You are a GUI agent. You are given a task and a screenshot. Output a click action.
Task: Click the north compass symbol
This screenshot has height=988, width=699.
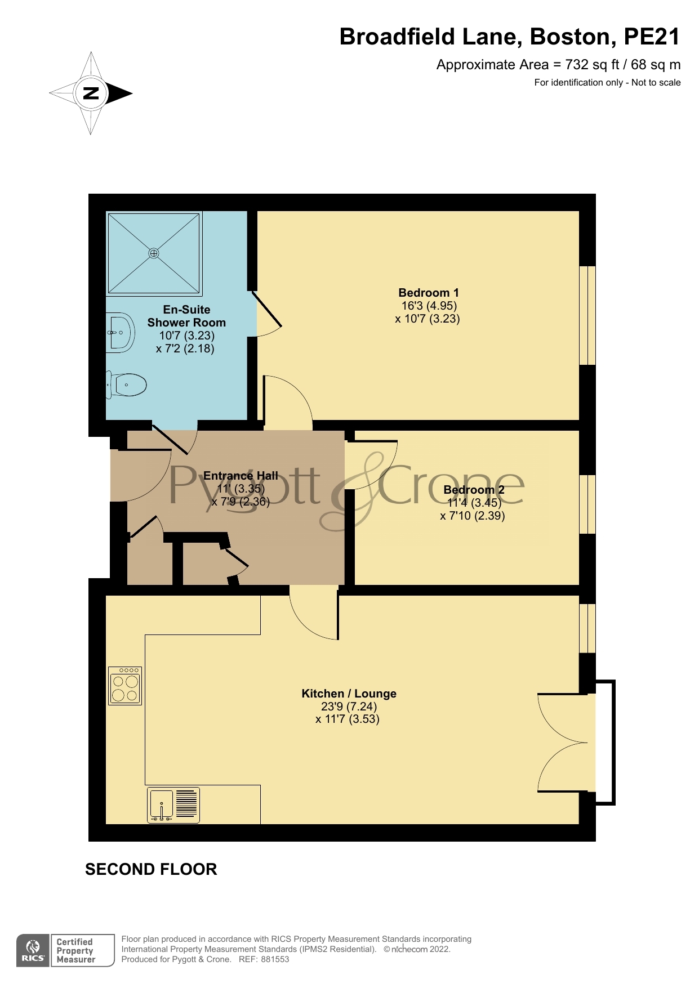[x=91, y=93]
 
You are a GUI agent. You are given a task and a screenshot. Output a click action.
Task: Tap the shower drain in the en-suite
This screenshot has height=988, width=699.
[x=154, y=253]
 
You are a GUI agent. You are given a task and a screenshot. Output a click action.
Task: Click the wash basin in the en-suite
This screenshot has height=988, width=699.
[x=120, y=332]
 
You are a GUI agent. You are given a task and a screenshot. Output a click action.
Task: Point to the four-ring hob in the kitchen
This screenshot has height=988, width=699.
[x=125, y=686]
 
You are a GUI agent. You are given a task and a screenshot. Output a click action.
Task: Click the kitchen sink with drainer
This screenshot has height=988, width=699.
[x=173, y=804]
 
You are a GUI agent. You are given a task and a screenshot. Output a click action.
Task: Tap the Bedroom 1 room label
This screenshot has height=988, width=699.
[x=428, y=293]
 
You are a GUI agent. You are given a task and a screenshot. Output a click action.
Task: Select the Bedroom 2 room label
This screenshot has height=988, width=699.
[x=474, y=490]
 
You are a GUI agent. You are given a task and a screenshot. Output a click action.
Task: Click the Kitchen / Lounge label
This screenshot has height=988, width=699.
[x=349, y=694]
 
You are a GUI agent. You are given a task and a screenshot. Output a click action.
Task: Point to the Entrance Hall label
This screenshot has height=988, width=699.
[x=241, y=476]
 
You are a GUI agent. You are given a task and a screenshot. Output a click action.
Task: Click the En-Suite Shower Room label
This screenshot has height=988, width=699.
[x=186, y=316]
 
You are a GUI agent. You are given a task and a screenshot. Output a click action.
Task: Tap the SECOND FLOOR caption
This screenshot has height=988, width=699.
[x=151, y=869]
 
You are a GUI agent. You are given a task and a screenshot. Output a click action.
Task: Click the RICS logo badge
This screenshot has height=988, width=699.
[x=33, y=951]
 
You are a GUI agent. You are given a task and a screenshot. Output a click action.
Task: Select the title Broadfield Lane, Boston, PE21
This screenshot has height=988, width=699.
[x=510, y=37]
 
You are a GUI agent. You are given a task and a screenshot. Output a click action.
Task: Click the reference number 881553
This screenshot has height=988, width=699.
[x=275, y=959]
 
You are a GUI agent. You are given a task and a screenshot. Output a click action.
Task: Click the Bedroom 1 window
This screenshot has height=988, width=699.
[x=587, y=315]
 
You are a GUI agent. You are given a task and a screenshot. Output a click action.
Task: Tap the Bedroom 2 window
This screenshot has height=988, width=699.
[x=587, y=504]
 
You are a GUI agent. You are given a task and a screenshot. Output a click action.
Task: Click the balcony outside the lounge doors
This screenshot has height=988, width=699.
[x=605, y=743]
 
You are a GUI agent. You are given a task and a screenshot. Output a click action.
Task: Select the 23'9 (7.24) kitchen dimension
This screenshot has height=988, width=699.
[x=349, y=707]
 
